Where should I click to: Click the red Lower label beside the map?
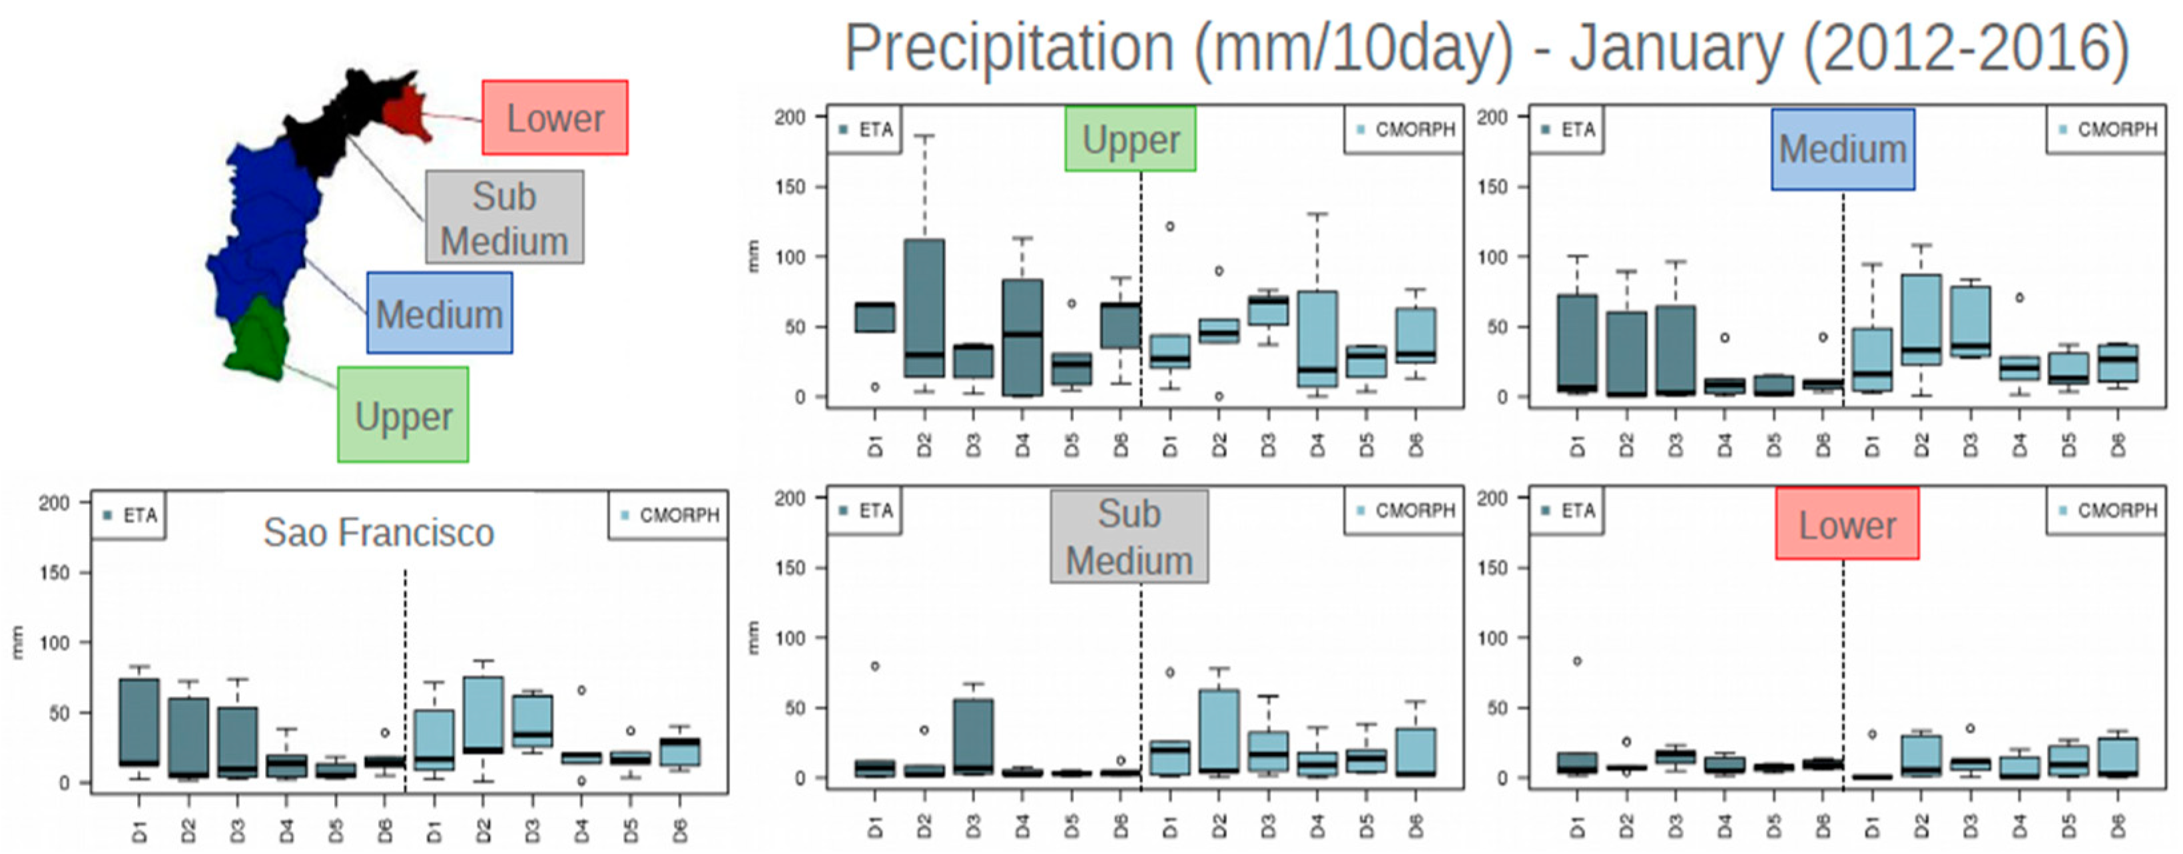click(555, 118)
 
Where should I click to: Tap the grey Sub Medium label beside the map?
click(504, 217)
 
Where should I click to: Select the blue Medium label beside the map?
click(439, 313)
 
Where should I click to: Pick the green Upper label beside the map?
click(404, 415)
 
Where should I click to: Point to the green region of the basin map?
click(258, 339)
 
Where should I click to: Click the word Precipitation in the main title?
click(1008, 49)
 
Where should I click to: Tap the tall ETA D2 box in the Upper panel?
click(924, 307)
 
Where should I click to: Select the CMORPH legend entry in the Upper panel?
click(1404, 130)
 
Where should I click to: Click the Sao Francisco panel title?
click(378, 532)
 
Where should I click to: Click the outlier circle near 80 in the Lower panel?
click(1577, 661)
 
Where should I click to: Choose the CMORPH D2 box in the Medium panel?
click(1921, 319)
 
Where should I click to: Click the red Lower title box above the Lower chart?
click(1847, 524)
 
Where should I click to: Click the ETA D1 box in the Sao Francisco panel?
click(139, 721)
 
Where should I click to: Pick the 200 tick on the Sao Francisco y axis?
click(53, 503)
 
